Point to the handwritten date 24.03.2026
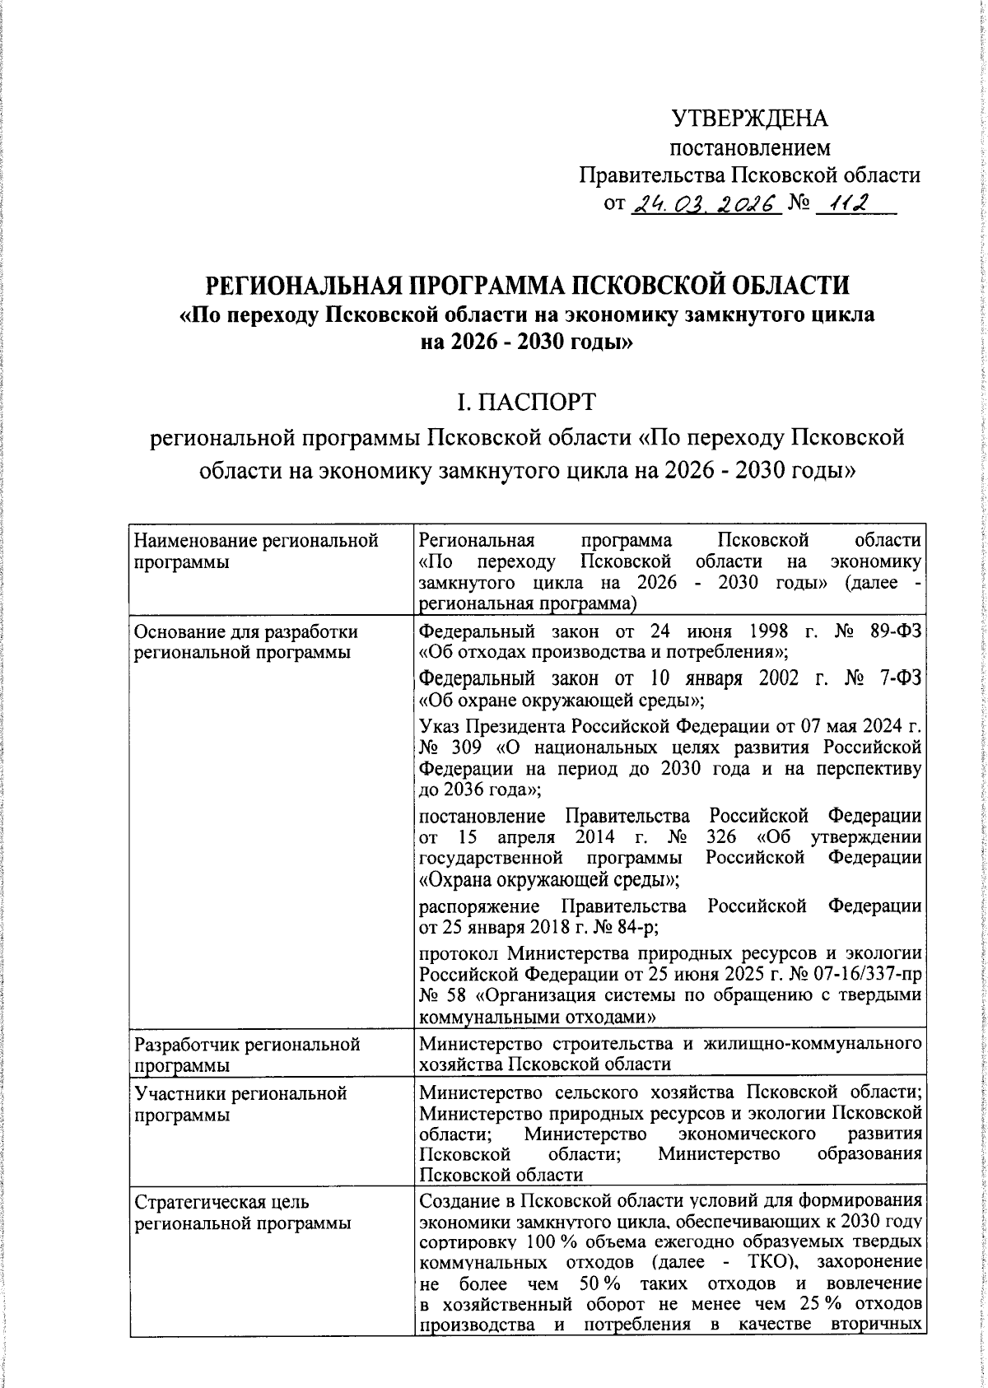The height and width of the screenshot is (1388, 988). coord(705,203)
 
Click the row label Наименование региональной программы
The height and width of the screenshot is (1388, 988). coord(255,552)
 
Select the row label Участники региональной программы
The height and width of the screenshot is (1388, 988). coord(240,1104)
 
